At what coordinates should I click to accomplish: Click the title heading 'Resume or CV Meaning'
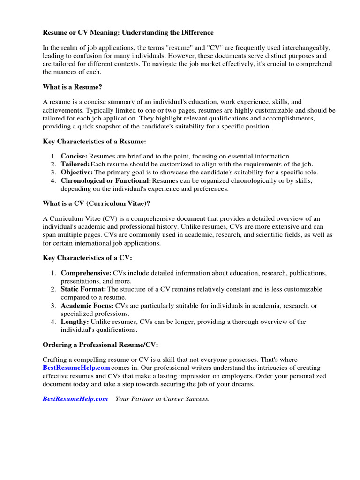(128, 33)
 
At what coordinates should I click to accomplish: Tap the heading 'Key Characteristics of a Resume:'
(95, 141)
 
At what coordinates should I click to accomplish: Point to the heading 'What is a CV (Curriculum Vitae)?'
(97, 203)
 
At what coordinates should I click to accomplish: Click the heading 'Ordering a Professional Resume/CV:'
(100, 345)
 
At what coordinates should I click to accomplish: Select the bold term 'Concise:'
(74, 156)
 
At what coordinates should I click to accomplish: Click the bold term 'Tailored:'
(75, 164)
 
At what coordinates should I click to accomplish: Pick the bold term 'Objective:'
(77, 172)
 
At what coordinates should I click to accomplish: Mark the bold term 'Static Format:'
(83, 289)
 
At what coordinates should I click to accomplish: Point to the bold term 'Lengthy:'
(75, 322)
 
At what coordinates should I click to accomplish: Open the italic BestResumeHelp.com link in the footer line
(75, 399)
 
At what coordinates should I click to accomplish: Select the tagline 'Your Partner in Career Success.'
(163, 399)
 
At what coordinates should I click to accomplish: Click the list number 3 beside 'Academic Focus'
(53, 306)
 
